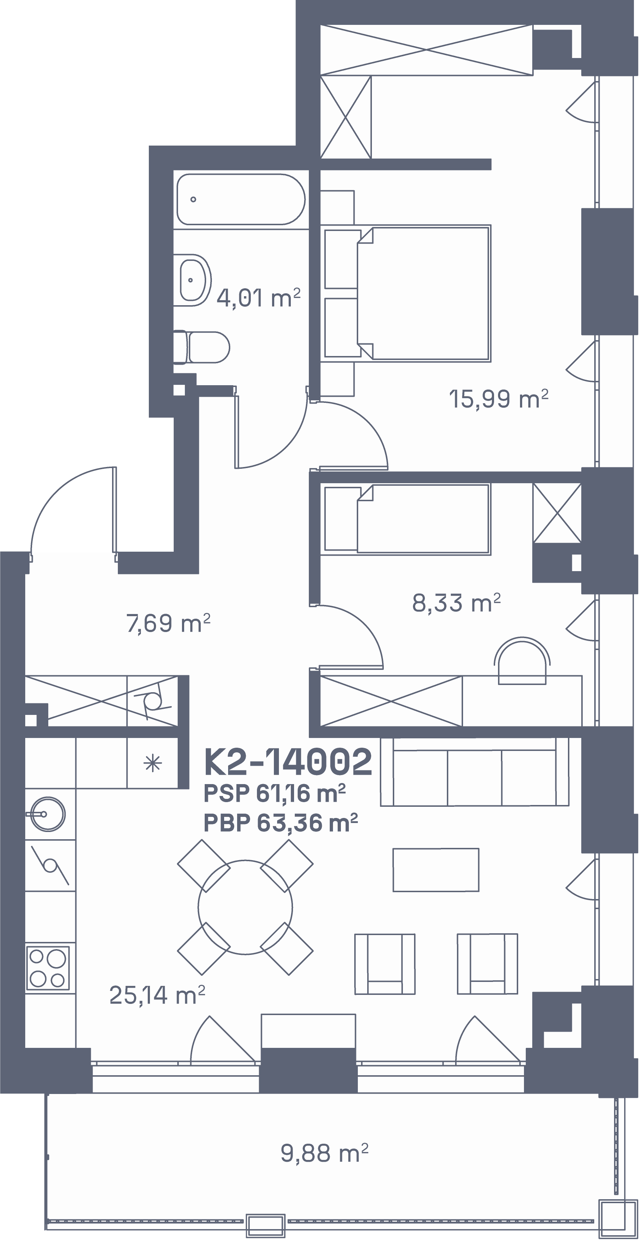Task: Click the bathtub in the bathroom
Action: (x=241, y=199)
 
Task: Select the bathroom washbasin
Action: (x=195, y=280)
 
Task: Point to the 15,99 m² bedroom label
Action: (x=499, y=399)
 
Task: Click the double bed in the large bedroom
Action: (x=408, y=293)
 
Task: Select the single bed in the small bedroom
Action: (x=408, y=519)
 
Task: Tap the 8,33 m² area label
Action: (x=456, y=603)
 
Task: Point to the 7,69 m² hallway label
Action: (x=168, y=623)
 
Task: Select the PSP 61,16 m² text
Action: (x=275, y=793)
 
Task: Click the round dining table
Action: (x=245, y=907)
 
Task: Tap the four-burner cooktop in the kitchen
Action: (x=48, y=968)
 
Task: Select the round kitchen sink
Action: (x=47, y=814)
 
